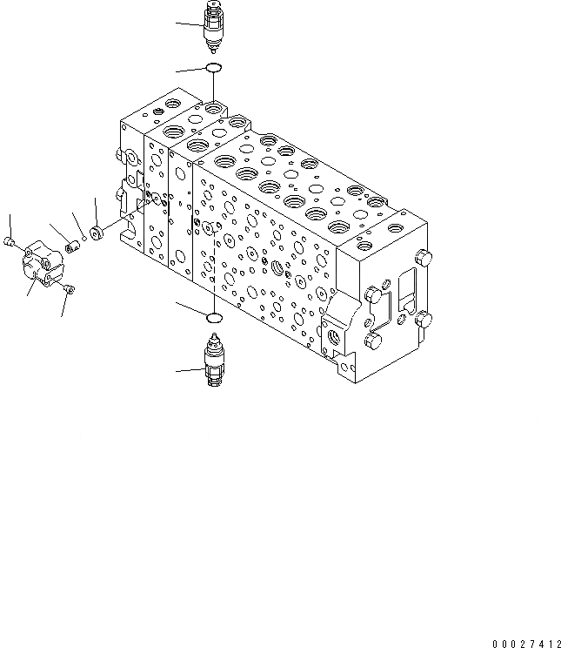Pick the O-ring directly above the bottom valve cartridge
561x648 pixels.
[x=213, y=316]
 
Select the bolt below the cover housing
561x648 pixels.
[x=70, y=288]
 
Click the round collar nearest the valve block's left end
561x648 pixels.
[x=97, y=234]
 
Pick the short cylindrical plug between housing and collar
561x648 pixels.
[x=71, y=247]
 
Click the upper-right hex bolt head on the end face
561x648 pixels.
[x=424, y=258]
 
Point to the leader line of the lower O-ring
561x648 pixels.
[x=191, y=307]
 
